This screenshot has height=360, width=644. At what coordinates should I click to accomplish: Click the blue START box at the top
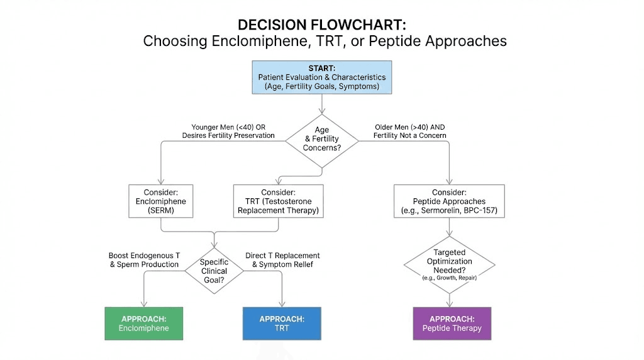pyautogui.click(x=321, y=77)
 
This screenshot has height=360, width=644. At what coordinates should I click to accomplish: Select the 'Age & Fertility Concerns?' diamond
pyautogui.click(x=321, y=141)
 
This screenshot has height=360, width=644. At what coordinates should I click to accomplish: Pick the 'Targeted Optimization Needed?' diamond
pyautogui.click(x=449, y=264)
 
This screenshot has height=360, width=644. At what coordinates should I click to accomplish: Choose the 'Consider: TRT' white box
pyautogui.click(x=279, y=201)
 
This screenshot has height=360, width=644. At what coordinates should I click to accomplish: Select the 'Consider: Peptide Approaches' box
pyautogui.click(x=449, y=201)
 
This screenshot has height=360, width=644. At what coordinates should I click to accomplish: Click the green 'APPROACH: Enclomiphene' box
pyautogui.click(x=144, y=323)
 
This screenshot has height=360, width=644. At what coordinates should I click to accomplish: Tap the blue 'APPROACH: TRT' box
pyautogui.click(x=282, y=323)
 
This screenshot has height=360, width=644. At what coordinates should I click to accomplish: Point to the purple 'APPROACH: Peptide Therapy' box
pyautogui.click(x=452, y=323)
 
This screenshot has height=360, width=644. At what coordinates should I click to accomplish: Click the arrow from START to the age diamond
pyautogui.click(x=321, y=103)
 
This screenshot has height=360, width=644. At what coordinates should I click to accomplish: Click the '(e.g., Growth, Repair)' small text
pyautogui.click(x=449, y=278)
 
